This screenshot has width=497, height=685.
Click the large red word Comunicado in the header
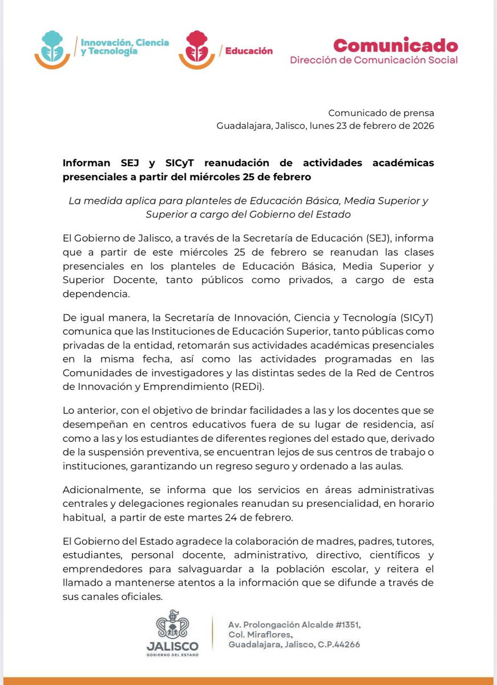[x=395, y=45]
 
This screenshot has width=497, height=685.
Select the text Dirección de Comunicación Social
[x=373, y=60]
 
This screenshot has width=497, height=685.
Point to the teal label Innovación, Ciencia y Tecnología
[x=117, y=47]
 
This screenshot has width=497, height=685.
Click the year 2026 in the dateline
[x=422, y=126]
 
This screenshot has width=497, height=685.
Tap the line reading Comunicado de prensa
[x=381, y=114]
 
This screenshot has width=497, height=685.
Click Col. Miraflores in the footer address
[x=260, y=635]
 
